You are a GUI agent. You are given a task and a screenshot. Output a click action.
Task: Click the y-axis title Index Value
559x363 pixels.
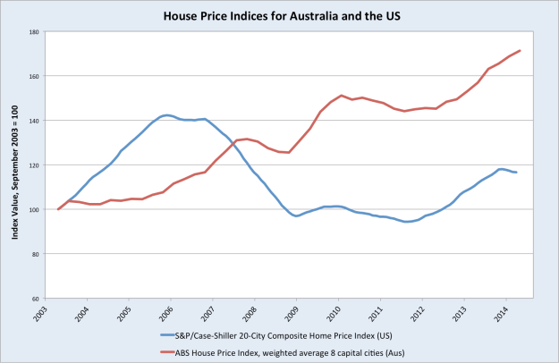[x=15, y=165]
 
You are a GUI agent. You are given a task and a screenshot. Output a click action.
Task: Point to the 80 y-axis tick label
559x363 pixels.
[x=33, y=254]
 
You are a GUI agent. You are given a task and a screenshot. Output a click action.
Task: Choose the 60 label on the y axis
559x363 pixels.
[x=33, y=298]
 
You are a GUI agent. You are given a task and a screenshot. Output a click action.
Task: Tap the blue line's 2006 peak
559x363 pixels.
[x=167, y=114]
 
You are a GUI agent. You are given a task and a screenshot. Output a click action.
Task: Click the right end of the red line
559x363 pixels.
[x=520, y=51]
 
